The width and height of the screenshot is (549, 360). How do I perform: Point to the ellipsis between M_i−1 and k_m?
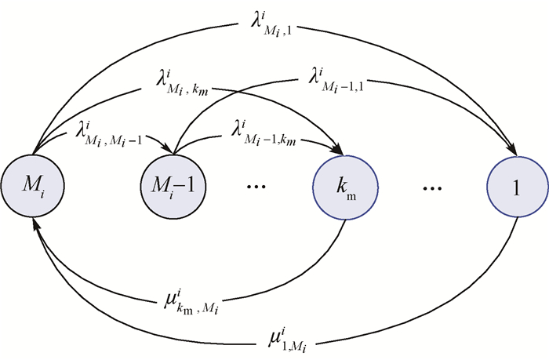pos(257,189)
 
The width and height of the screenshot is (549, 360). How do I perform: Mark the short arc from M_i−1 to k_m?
pos(235,138)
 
